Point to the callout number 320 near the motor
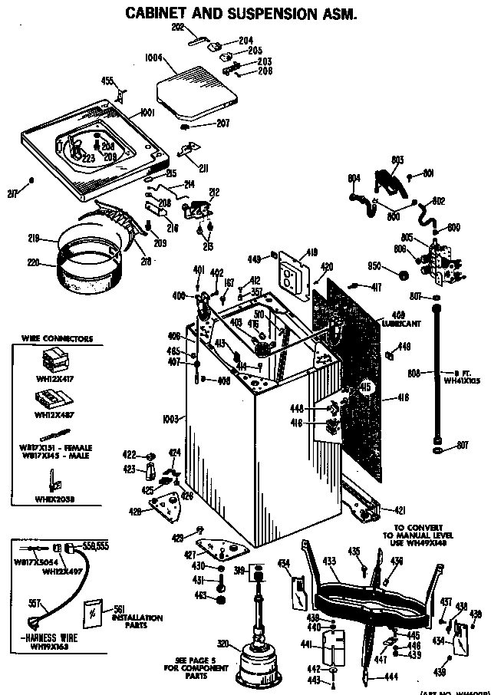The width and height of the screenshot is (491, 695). (223, 643)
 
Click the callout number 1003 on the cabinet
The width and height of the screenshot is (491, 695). (170, 419)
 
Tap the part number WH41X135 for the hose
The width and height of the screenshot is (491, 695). (461, 380)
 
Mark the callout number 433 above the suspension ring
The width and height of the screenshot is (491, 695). (330, 562)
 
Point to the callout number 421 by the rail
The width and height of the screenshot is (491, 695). (399, 510)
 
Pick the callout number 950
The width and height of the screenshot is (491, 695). (374, 265)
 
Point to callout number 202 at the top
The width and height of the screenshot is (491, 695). (178, 28)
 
